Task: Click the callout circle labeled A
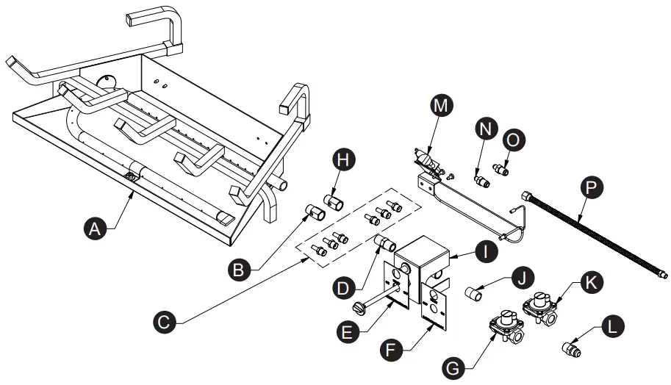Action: [x=93, y=229]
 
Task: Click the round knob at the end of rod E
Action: [x=359, y=305]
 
